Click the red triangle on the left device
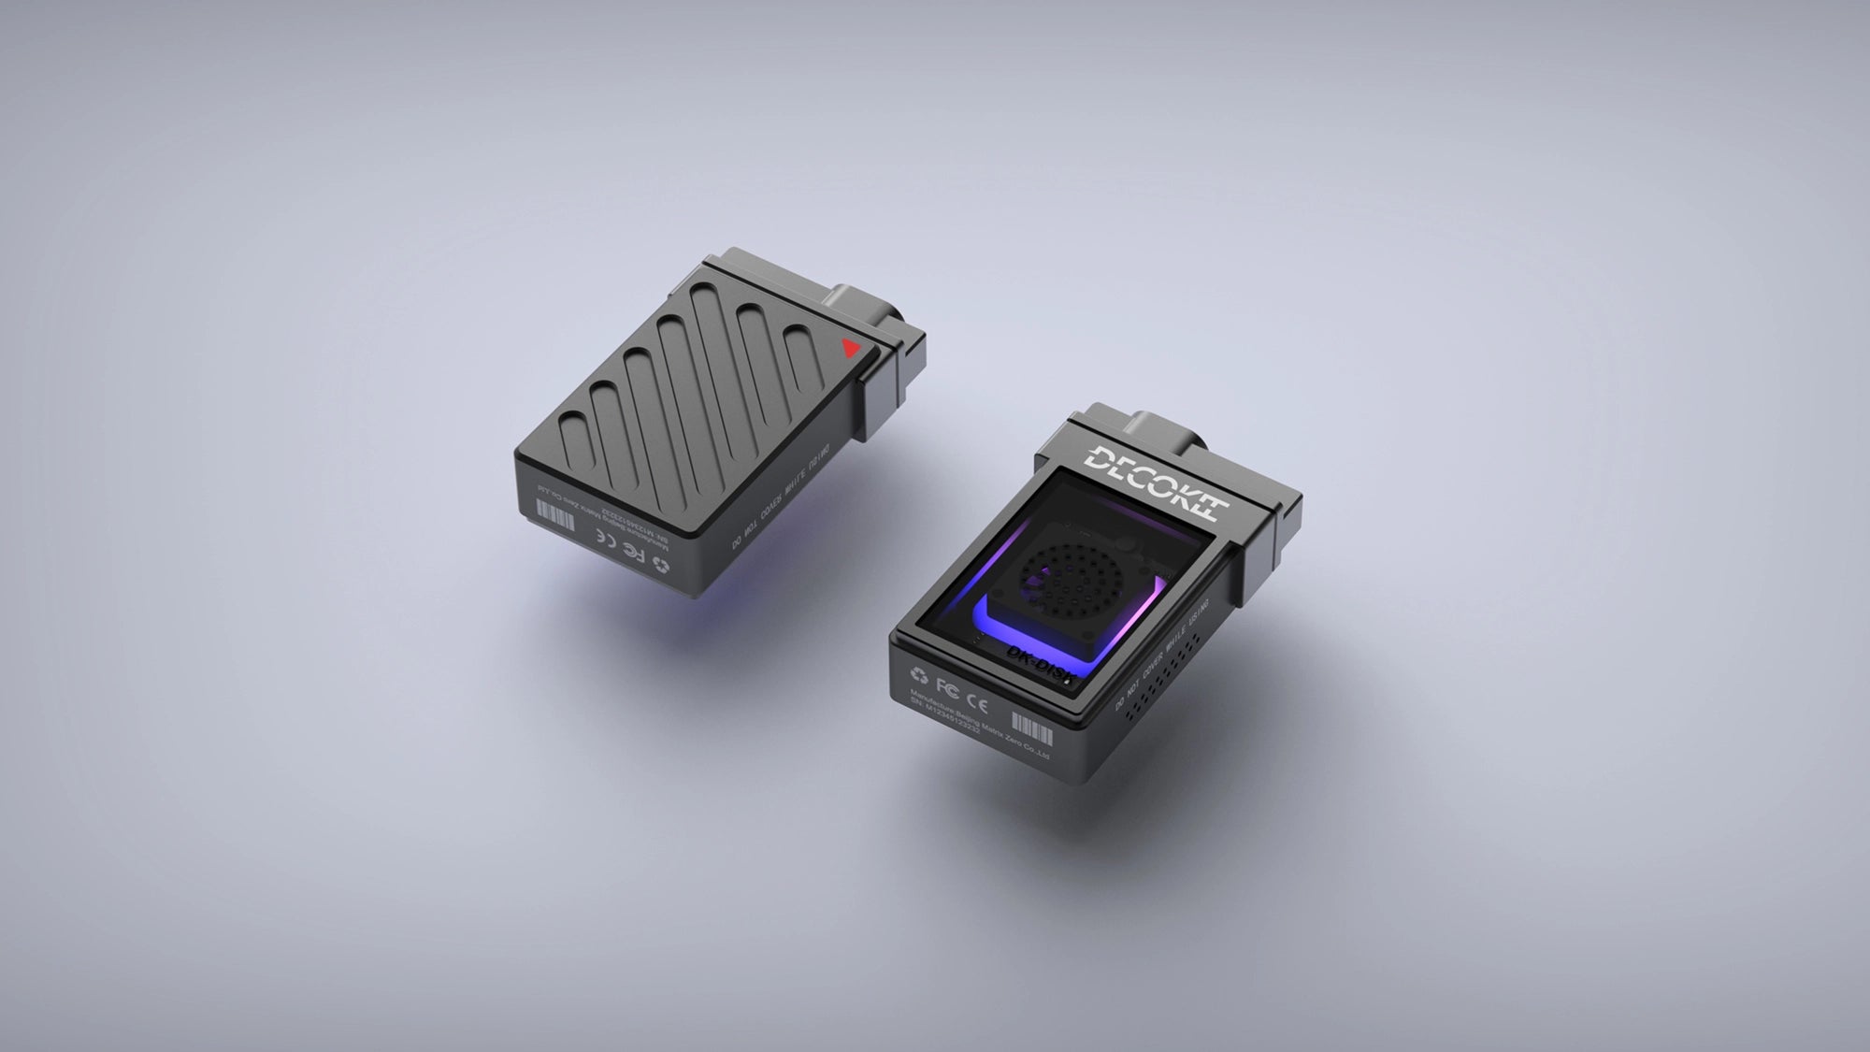click(850, 349)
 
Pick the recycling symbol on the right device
click(919, 675)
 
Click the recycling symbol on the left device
click(661, 564)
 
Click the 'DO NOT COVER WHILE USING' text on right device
click(1162, 655)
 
